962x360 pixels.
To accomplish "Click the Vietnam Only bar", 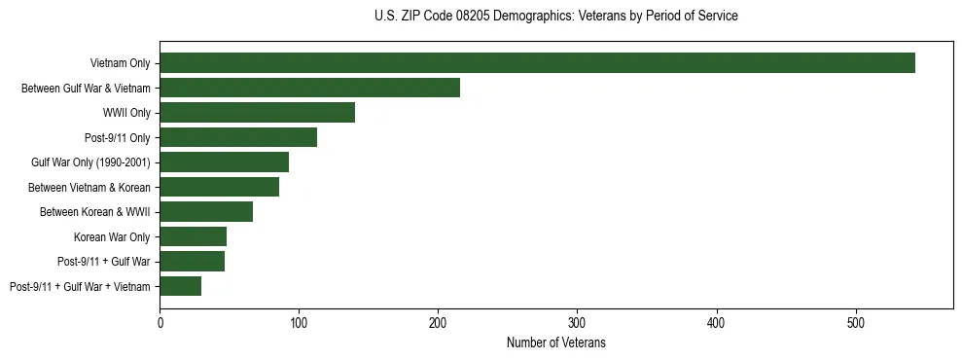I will pyautogui.click(x=537, y=63).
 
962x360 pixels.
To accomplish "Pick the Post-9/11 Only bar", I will pyautogui.click(x=238, y=137).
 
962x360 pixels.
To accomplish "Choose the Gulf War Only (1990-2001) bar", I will pyautogui.click(x=224, y=162).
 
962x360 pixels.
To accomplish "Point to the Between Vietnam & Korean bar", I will pyautogui.click(x=219, y=187).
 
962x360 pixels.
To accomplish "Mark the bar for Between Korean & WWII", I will pyautogui.click(x=206, y=212).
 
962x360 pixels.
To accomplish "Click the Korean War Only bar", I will pyautogui.click(x=193, y=236).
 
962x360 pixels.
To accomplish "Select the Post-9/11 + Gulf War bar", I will pyautogui.click(x=192, y=261).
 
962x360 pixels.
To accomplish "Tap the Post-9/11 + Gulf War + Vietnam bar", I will pyautogui.click(x=180, y=286).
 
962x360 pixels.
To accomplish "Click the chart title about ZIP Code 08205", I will pyautogui.click(x=555, y=17).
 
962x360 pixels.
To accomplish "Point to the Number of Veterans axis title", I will pyautogui.click(x=555, y=343).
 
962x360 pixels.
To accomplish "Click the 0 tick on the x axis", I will pyautogui.click(x=160, y=323).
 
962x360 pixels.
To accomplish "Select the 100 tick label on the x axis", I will pyautogui.click(x=299, y=323).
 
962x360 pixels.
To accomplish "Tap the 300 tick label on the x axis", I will pyautogui.click(x=577, y=323).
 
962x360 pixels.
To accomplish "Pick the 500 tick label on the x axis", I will pyautogui.click(x=856, y=323).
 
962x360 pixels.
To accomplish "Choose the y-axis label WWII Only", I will pyautogui.click(x=126, y=113).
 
